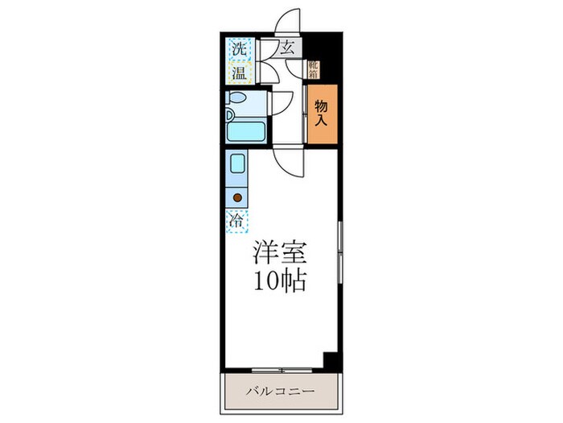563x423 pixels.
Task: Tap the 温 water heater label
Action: click(239, 74)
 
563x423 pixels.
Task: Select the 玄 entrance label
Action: click(287, 48)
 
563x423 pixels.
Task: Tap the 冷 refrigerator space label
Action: click(237, 219)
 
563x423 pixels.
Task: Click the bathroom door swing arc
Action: click(281, 103)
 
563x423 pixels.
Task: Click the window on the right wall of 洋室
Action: click(340, 250)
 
